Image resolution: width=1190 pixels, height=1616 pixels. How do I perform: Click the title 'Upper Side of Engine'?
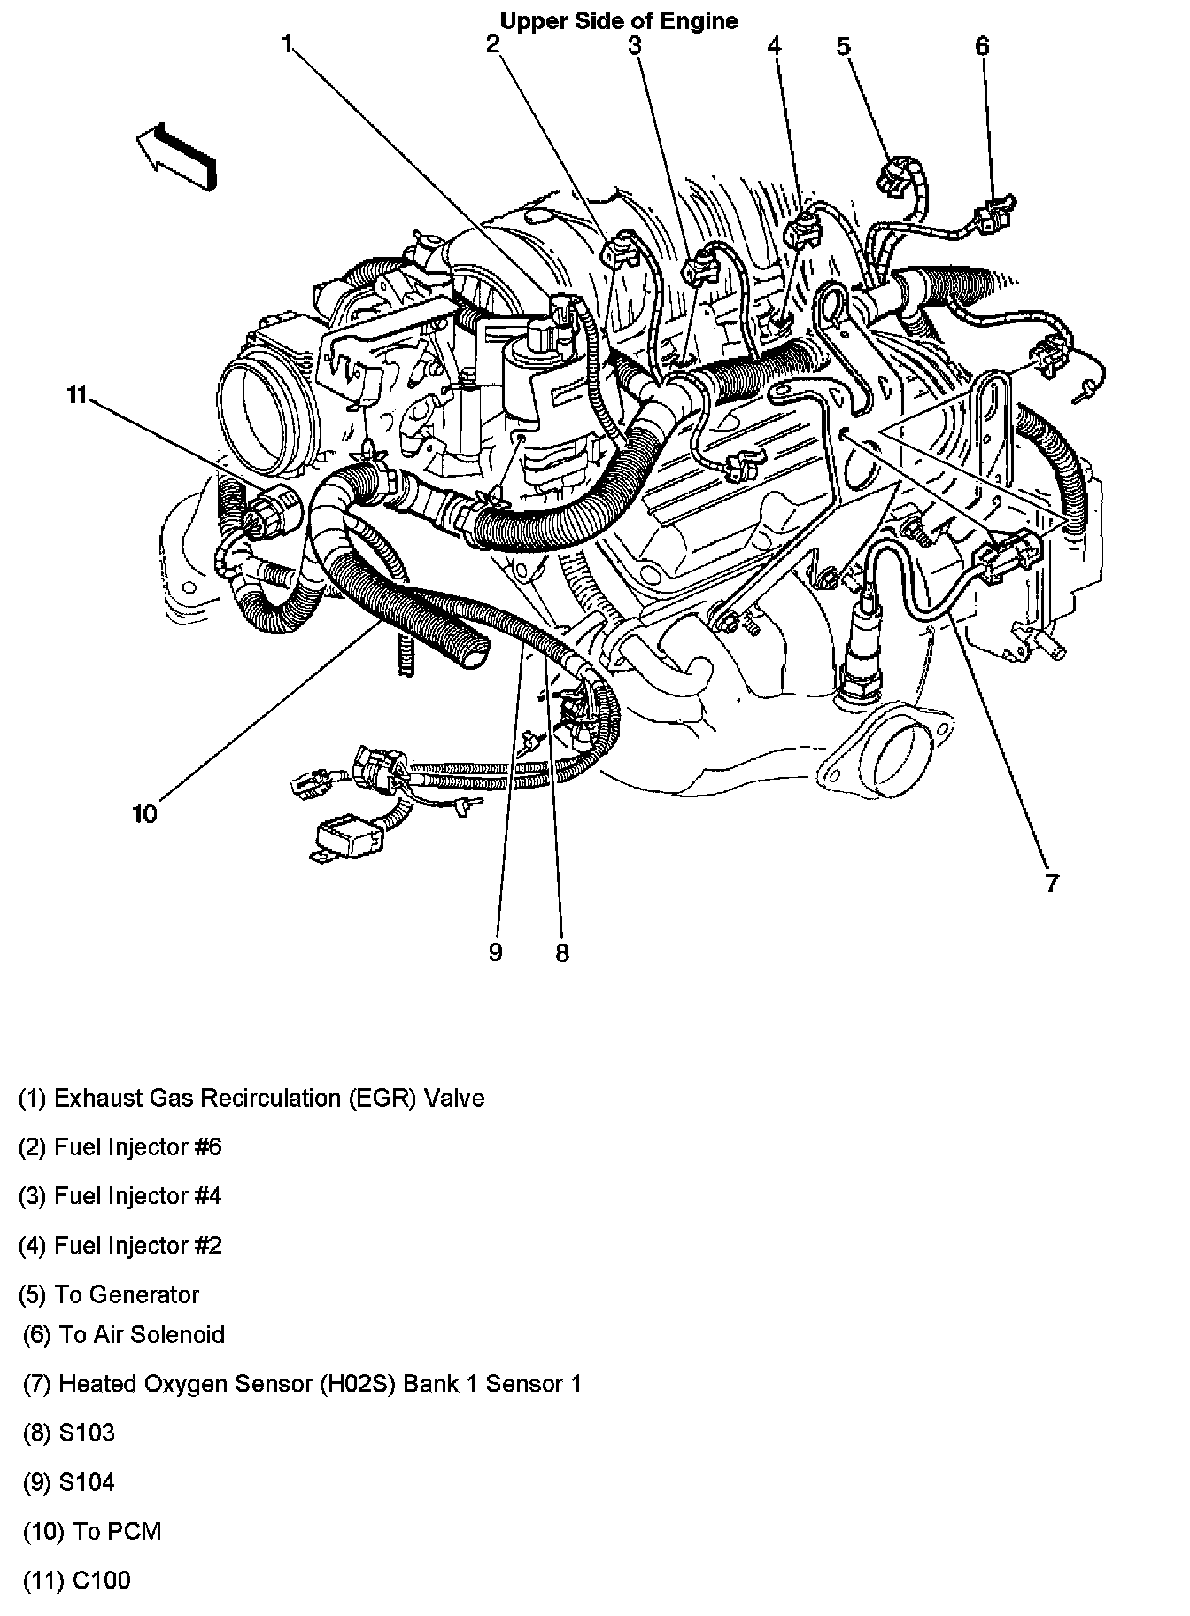[618, 20]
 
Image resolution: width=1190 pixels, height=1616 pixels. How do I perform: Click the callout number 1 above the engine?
[287, 43]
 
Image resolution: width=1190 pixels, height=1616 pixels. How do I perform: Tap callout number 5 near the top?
[843, 45]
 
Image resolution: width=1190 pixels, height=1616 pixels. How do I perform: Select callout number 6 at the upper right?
[983, 45]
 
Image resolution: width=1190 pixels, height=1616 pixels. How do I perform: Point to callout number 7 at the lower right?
[1051, 883]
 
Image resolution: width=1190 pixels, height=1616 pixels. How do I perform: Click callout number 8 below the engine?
[562, 953]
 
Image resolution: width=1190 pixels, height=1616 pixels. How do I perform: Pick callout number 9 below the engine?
[495, 952]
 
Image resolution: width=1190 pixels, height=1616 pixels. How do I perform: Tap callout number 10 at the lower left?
[144, 813]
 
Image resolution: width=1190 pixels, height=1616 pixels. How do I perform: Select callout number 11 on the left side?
[77, 395]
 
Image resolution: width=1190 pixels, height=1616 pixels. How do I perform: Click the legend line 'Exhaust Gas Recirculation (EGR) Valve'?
[251, 1099]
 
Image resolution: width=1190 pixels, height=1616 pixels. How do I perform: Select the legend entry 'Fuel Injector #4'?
[120, 1196]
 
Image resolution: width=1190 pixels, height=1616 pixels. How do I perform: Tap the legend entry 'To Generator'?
[109, 1294]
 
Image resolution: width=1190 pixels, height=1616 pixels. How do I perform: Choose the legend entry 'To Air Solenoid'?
[124, 1334]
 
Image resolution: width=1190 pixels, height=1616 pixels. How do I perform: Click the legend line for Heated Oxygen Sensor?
[302, 1384]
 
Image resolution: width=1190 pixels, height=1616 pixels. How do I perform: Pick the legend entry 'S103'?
[69, 1433]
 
